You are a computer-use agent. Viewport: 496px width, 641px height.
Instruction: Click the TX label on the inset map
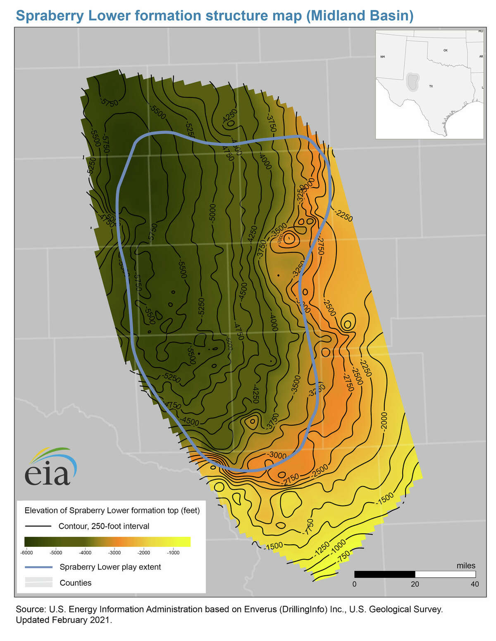coord(431,86)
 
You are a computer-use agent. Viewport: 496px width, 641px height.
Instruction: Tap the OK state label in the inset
coord(445,50)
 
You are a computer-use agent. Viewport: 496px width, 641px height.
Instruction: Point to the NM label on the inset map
coord(382,57)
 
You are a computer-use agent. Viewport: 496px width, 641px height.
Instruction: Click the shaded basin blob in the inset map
coord(412,81)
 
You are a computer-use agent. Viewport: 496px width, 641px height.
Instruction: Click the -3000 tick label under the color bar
coord(114,553)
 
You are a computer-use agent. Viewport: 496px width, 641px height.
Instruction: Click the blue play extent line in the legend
coord(38,567)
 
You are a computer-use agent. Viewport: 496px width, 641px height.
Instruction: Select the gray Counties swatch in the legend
coord(38,582)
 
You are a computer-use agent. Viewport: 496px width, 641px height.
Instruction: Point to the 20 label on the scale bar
coord(415,584)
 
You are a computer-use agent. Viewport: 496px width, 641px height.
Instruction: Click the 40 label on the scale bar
coord(475,584)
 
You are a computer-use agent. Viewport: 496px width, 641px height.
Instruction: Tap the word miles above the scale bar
coord(466,566)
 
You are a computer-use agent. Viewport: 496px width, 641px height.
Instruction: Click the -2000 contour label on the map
coord(384,422)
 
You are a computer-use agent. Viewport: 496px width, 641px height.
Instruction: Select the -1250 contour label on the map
coord(322,547)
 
